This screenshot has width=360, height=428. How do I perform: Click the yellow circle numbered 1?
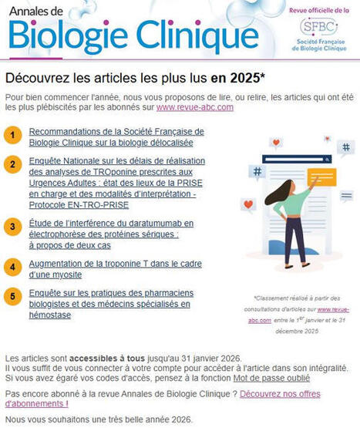12,136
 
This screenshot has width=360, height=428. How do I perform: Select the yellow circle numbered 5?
12,295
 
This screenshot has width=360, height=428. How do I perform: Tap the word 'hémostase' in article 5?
49,315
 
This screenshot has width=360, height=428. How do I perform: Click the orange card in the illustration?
321,178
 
